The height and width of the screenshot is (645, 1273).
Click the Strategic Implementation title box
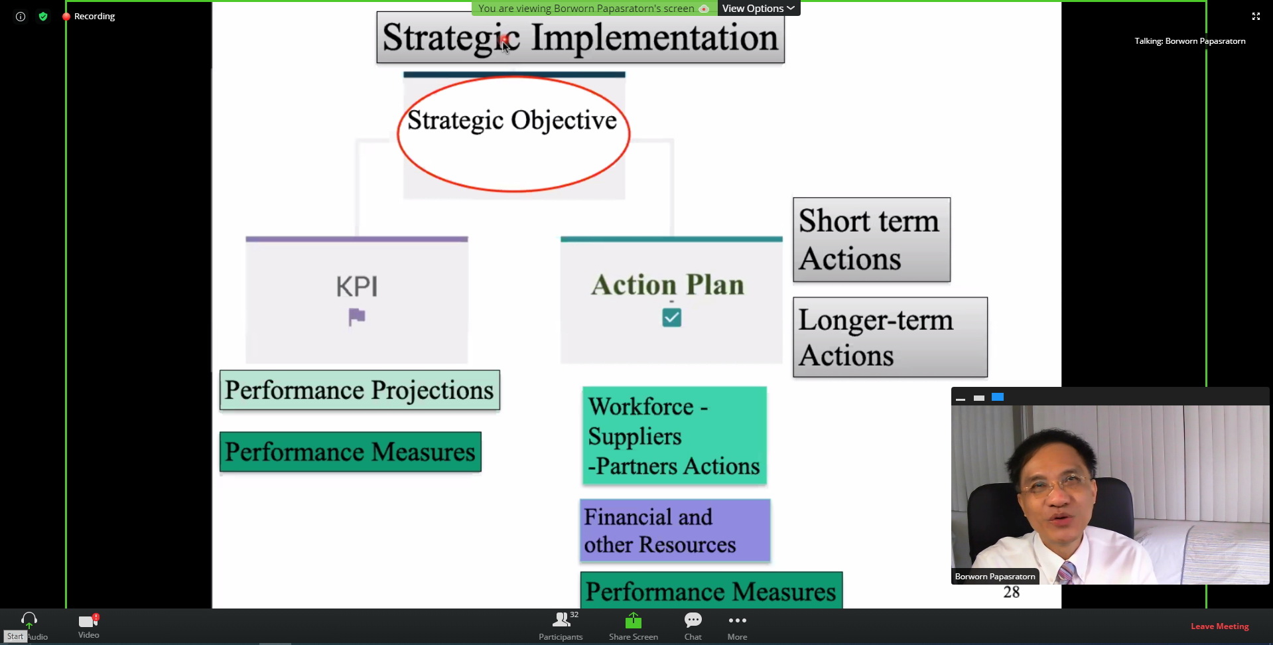[x=580, y=38]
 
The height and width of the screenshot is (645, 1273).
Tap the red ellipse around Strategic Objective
[x=398, y=135]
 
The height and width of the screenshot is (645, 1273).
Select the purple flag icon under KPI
[x=357, y=317]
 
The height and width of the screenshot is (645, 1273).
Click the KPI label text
[x=357, y=287]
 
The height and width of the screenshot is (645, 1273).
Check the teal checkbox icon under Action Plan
[x=671, y=317]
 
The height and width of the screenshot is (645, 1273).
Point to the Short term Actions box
[x=872, y=240]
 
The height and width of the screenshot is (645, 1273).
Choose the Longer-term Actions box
[x=890, y=337]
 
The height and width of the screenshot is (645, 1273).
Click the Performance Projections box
[x=360, y=390]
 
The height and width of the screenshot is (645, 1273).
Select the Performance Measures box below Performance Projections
[x=350, y=452]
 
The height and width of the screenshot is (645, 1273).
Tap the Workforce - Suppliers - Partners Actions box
[x=675, y=435]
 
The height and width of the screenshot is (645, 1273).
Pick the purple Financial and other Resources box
[x=675, y=531]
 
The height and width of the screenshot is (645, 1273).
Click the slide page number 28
[x=1012, y=592]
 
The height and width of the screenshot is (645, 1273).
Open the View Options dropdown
[x=758, y=8]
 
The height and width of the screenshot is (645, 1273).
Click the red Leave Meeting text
[x=1219, y=626]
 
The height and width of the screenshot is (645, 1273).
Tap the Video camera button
[x=88, y=626]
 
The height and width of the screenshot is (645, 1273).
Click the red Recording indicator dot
[x=66, y=17]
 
